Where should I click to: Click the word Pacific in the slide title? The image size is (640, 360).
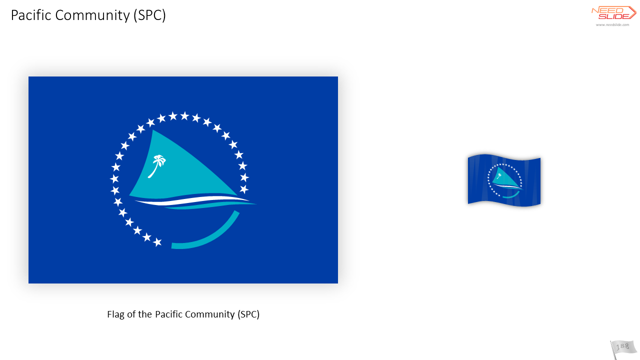[31, 15]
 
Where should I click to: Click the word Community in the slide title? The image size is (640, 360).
[92, 15]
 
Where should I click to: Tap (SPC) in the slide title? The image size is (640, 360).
[149, 15]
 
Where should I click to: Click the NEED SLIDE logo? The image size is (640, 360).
[613, 13]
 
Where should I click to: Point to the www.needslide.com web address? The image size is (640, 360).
[612, 25]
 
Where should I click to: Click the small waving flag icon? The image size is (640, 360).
[504, 180]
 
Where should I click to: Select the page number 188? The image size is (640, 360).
[622, 346]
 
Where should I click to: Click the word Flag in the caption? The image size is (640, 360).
[115, 314]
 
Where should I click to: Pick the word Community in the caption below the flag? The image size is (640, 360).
[210, 314]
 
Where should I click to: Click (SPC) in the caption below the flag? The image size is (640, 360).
[248, 314]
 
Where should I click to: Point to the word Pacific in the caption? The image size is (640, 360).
[168, 314]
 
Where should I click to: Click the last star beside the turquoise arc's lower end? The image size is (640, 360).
[157, 242]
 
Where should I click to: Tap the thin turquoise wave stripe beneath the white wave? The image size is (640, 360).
[211, 205]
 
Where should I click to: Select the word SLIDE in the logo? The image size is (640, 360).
[613, 16]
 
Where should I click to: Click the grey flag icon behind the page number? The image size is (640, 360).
[623, 349]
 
